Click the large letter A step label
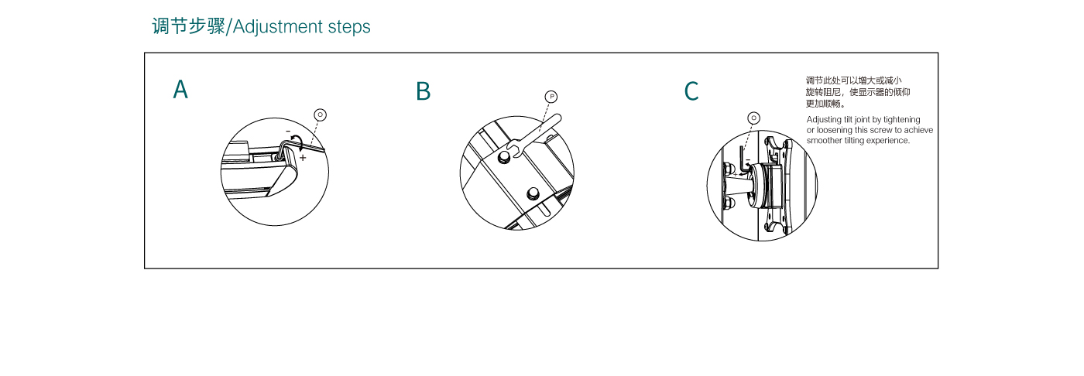[180, 90]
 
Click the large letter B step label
[423, 91]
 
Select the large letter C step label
[691, 91]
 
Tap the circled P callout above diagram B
[551, 97]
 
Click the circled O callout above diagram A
[321, 115]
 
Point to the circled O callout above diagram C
[754, 118]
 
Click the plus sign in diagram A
[303, 158]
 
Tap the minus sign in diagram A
[288, 132]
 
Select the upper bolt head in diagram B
[504, 158]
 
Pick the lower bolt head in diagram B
[533, 193]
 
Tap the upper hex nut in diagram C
[729, 169]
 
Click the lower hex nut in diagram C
[729, 202]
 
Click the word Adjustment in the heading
[278, 27]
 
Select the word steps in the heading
[349, 27]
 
